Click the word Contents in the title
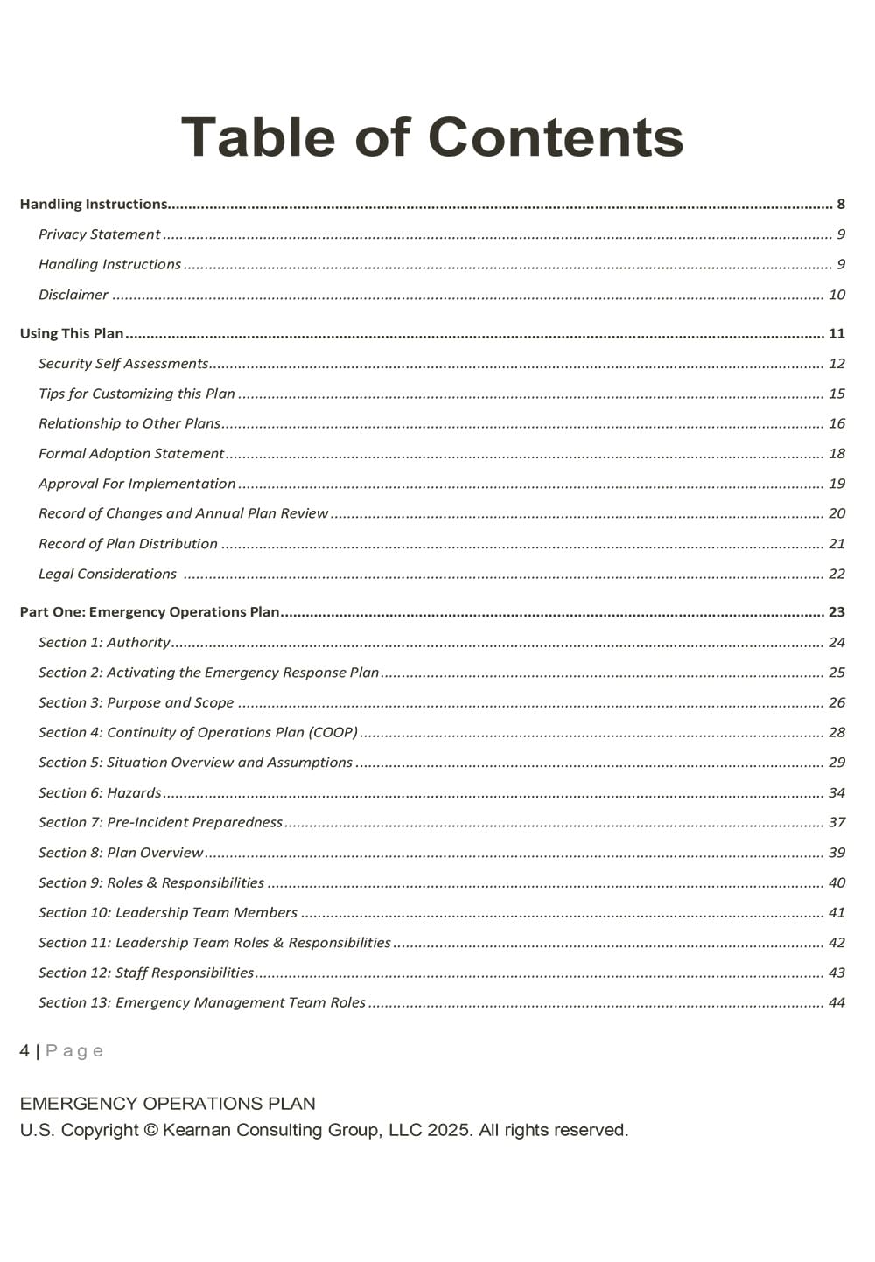tap(556, 138)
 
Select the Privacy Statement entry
tap(99, 234)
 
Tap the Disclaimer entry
tap(73, 295)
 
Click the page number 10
tap(836, 295)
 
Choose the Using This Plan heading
tap(72, 333)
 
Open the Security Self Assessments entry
tap(123, 364)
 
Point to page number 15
tap(836, 394)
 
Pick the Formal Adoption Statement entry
tap(131, 454)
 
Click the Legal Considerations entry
tap(108, 574)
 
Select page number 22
tap(836, 574)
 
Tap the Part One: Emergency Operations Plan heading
tap(150, 612)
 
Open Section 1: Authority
tap(104, 643)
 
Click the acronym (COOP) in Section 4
tap(332, 733)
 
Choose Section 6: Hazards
tap(100, 793)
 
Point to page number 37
tap(836, 823)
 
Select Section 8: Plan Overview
tap(121, 853)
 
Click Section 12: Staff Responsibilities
tap(146, 973)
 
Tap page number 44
tap(836, 1003)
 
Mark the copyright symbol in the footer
tap(150, 1130)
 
